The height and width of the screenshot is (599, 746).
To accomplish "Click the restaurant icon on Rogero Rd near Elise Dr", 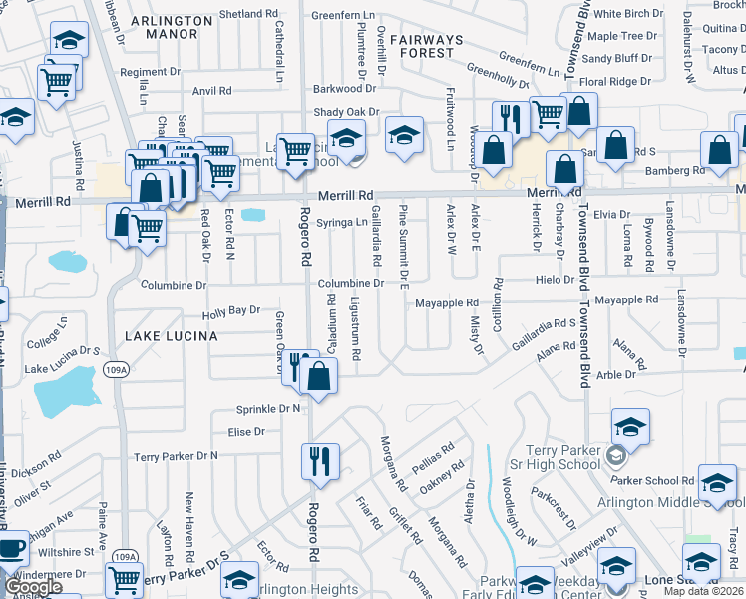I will [320, 461].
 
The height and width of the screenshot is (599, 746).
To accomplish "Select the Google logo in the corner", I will [33, 587].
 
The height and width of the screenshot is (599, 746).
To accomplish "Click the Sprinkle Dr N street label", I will [268, 409].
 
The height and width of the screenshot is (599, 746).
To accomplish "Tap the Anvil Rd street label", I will [212, 91].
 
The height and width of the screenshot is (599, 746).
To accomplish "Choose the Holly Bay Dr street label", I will [230, 313].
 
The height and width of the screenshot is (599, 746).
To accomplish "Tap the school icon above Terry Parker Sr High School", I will [630, 427].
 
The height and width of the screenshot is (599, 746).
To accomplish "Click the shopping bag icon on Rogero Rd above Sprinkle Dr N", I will [319, 377].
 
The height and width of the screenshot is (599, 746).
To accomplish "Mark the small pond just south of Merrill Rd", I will [253, 214].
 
